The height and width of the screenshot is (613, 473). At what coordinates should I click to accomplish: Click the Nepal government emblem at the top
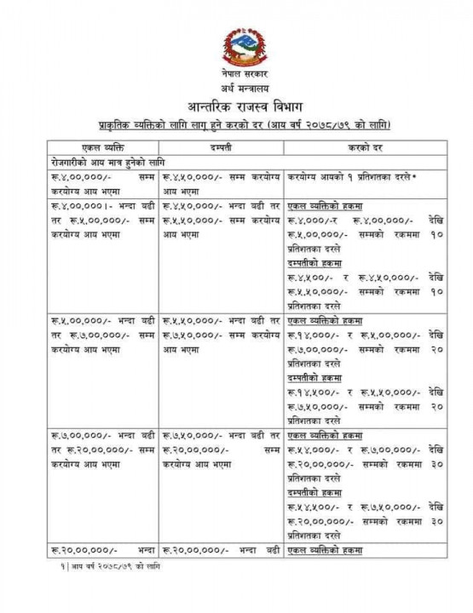click(236, 49)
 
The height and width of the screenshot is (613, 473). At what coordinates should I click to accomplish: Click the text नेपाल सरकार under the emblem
click(236, 78)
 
